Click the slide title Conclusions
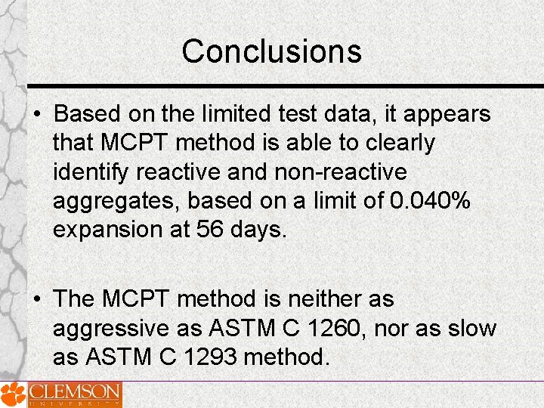(271, 51)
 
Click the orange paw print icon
(12, 394)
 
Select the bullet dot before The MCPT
(37, 300)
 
